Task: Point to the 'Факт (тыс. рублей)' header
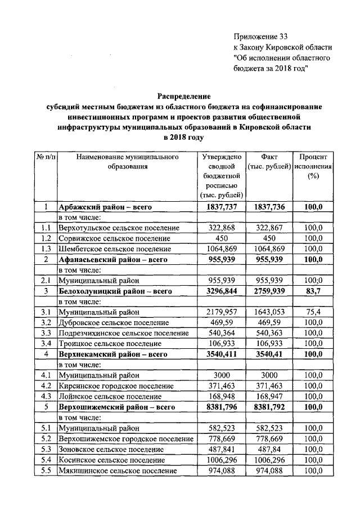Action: click(x=269, y=162)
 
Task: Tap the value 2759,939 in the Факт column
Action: click(x=269, y=291)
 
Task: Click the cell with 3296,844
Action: click(x=222, y=291)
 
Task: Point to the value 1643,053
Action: click(x=269, y=312)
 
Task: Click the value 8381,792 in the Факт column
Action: click(x=269, y=407)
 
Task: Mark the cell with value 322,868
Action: click(x=222, y=228)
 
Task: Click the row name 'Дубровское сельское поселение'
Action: click(x=114, y=322)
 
